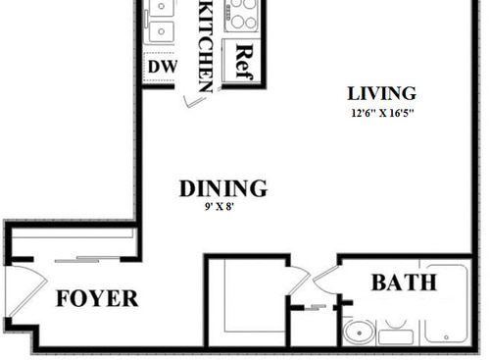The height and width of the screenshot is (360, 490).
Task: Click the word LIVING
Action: point(382,94)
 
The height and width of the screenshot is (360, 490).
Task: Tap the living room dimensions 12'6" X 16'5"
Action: point(382,113)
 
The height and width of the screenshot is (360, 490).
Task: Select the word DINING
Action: point(224,188)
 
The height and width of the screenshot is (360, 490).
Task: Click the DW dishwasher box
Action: point(162,67)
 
